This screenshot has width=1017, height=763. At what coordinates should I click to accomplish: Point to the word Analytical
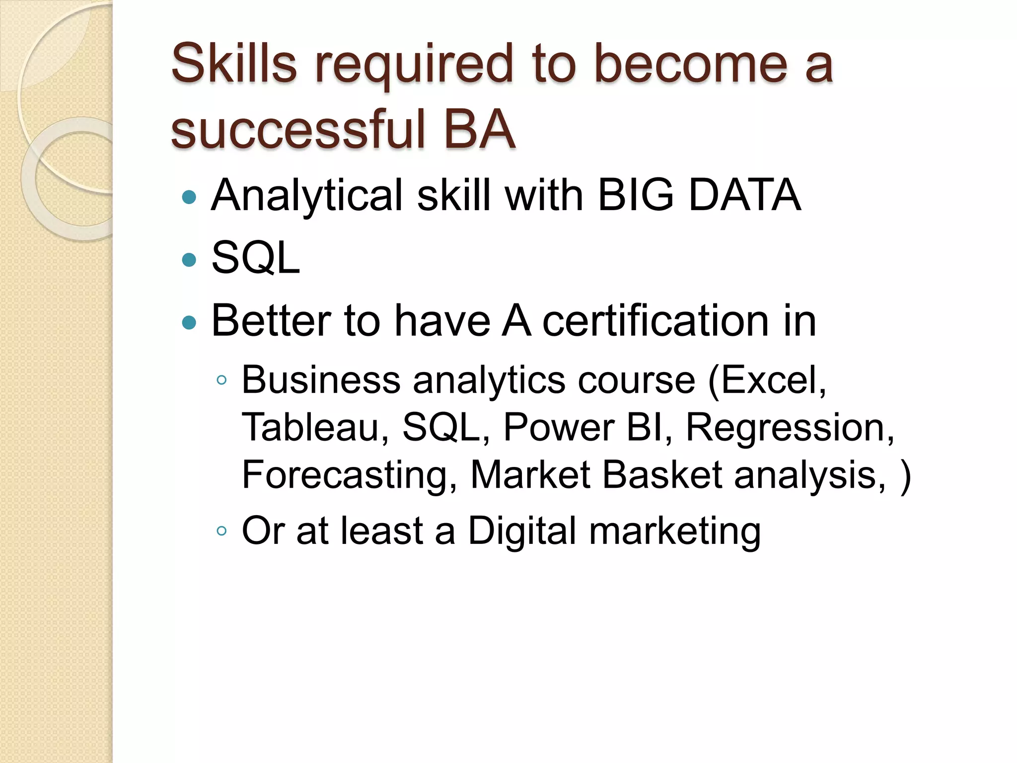[306, 195]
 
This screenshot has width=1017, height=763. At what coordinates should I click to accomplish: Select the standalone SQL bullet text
[256, 258]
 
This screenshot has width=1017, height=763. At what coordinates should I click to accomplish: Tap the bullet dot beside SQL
[189, 260]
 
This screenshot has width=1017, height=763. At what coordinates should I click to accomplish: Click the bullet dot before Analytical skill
[189, 198]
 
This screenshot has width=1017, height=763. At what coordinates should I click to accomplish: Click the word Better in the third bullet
[271, 321]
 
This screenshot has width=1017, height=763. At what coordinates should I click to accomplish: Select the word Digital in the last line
[522, 531]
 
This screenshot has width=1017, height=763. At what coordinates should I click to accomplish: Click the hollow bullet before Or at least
[221, 531]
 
